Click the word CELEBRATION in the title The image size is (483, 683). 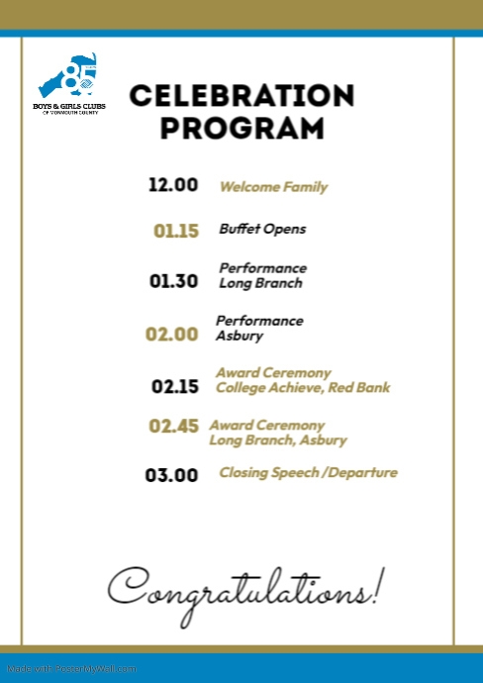click(241, 95)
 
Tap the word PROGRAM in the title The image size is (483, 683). click(242, 129)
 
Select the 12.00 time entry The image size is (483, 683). click(173, 185)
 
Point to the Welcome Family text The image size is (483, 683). click(273, 186)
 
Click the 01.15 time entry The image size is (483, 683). click(176, 231)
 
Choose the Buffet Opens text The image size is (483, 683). click(262, 229)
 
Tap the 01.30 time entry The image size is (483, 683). click(174, 281)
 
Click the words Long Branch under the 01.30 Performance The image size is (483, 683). click(260, 283)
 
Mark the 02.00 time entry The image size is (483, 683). click(172, 334)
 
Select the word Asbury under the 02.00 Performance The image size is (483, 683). click(240, 336)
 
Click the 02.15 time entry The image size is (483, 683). click(176, 386)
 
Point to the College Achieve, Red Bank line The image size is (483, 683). click(303, 387)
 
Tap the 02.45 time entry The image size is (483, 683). click(174, 427)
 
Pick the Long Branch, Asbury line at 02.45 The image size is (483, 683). click(278, 439)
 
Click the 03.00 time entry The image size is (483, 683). click(172, 475)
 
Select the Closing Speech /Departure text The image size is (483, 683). click(308, 472)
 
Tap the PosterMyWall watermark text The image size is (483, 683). click(71, 668)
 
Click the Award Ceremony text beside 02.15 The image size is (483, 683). click(273, 372)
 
